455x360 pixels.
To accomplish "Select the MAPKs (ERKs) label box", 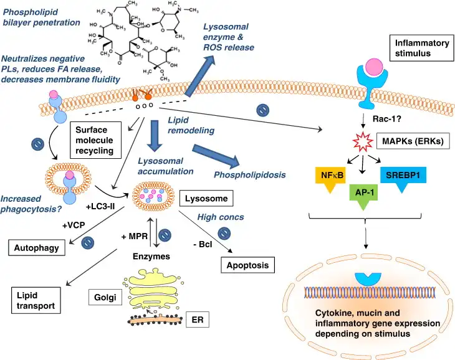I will tap(413, 141).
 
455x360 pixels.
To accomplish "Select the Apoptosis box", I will tap(247, 265).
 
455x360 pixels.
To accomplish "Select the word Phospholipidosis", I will tap(249, 175).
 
